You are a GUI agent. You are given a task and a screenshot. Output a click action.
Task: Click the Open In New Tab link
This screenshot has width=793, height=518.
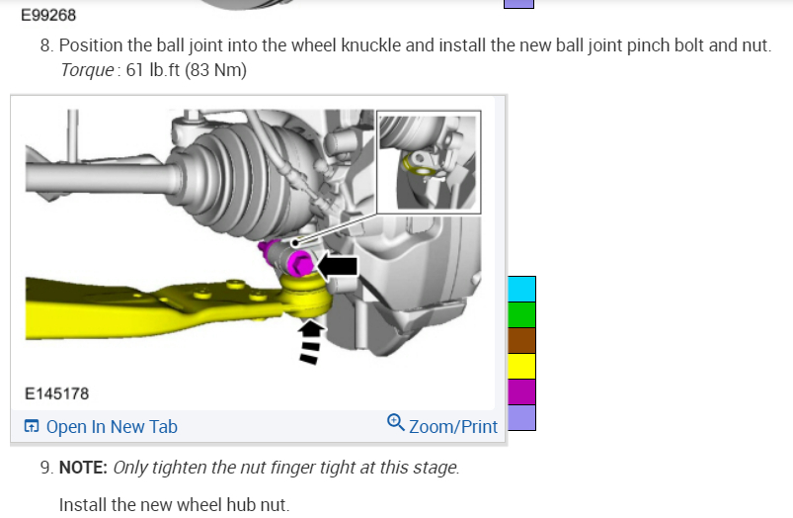click(x=101, y=427)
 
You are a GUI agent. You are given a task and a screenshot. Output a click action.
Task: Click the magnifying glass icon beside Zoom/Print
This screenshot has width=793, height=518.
click(x=395, y=422)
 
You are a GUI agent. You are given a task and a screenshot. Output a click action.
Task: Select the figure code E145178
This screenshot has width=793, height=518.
click(x=56, y=394)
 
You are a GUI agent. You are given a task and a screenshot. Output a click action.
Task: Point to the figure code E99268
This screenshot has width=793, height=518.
click(x=48, y=15)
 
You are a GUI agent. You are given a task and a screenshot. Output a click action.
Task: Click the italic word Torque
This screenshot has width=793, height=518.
click(x=87, y=70)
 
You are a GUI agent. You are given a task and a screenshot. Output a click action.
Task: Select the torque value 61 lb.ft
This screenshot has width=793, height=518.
click(x=153, y=70)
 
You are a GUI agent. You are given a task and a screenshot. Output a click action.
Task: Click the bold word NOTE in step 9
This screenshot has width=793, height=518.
click(x=83, y=468)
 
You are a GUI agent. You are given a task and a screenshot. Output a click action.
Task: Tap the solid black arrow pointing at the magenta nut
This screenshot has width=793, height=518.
click(x=338, y=266)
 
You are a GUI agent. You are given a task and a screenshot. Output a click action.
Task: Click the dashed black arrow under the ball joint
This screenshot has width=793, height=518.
click(x=309, y=343)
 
